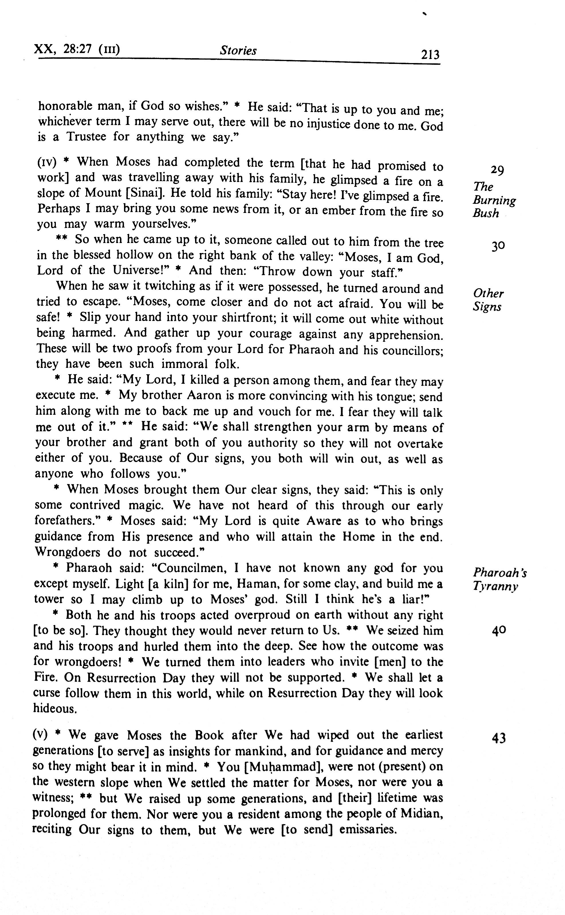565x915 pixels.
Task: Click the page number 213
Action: (x=430, y=55)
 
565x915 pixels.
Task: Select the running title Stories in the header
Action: (x=238, y=50)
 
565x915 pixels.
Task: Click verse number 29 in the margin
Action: (x=497, y=170)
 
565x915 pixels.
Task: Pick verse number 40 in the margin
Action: (x=499, y=631)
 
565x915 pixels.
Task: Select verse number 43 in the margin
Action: (x=499, y=738)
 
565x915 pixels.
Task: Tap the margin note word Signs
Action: (x=487, y=307)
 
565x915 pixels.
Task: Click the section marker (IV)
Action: (x=47, y=162)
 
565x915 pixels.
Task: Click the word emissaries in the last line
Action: (x=368, y=829)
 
